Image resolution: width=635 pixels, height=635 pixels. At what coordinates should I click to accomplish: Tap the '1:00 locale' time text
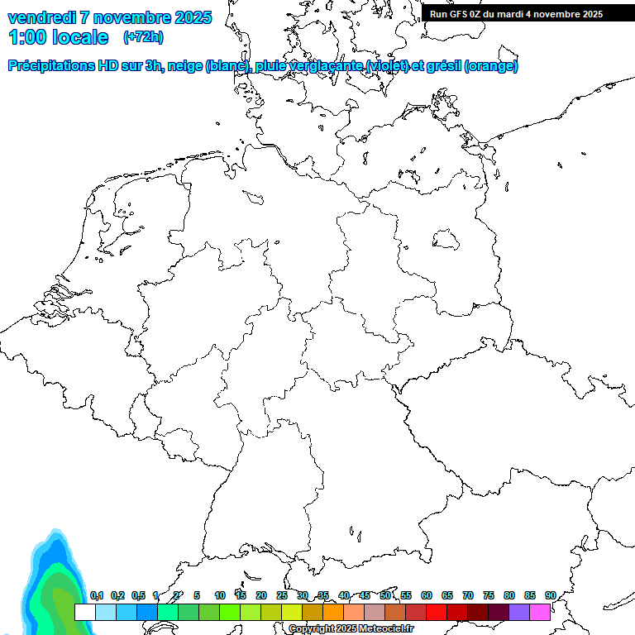[58, 37]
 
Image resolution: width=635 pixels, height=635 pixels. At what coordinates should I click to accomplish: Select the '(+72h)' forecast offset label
[143, 37]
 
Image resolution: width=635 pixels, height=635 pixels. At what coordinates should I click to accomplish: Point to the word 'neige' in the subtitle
[187, 66]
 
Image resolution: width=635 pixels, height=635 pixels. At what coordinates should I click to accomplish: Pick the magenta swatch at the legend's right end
[540, 613]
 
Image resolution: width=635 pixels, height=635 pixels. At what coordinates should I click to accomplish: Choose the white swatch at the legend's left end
[84, 613]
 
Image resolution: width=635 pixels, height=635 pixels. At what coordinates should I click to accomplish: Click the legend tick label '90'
[551, 595]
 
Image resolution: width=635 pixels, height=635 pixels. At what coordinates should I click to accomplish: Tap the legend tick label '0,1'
[96, 595]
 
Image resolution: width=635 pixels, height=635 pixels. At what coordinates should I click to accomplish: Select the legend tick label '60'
[427, 595]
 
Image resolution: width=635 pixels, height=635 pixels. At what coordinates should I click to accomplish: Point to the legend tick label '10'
[220, 595]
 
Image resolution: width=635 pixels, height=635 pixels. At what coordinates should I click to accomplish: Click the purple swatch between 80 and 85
[519, 613]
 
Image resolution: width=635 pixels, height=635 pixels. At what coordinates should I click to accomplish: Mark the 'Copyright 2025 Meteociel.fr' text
[351, 629]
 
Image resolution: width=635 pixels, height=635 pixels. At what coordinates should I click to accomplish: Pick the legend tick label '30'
[303, 595]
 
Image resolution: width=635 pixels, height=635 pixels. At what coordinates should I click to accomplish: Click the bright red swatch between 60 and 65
[437, 613]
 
